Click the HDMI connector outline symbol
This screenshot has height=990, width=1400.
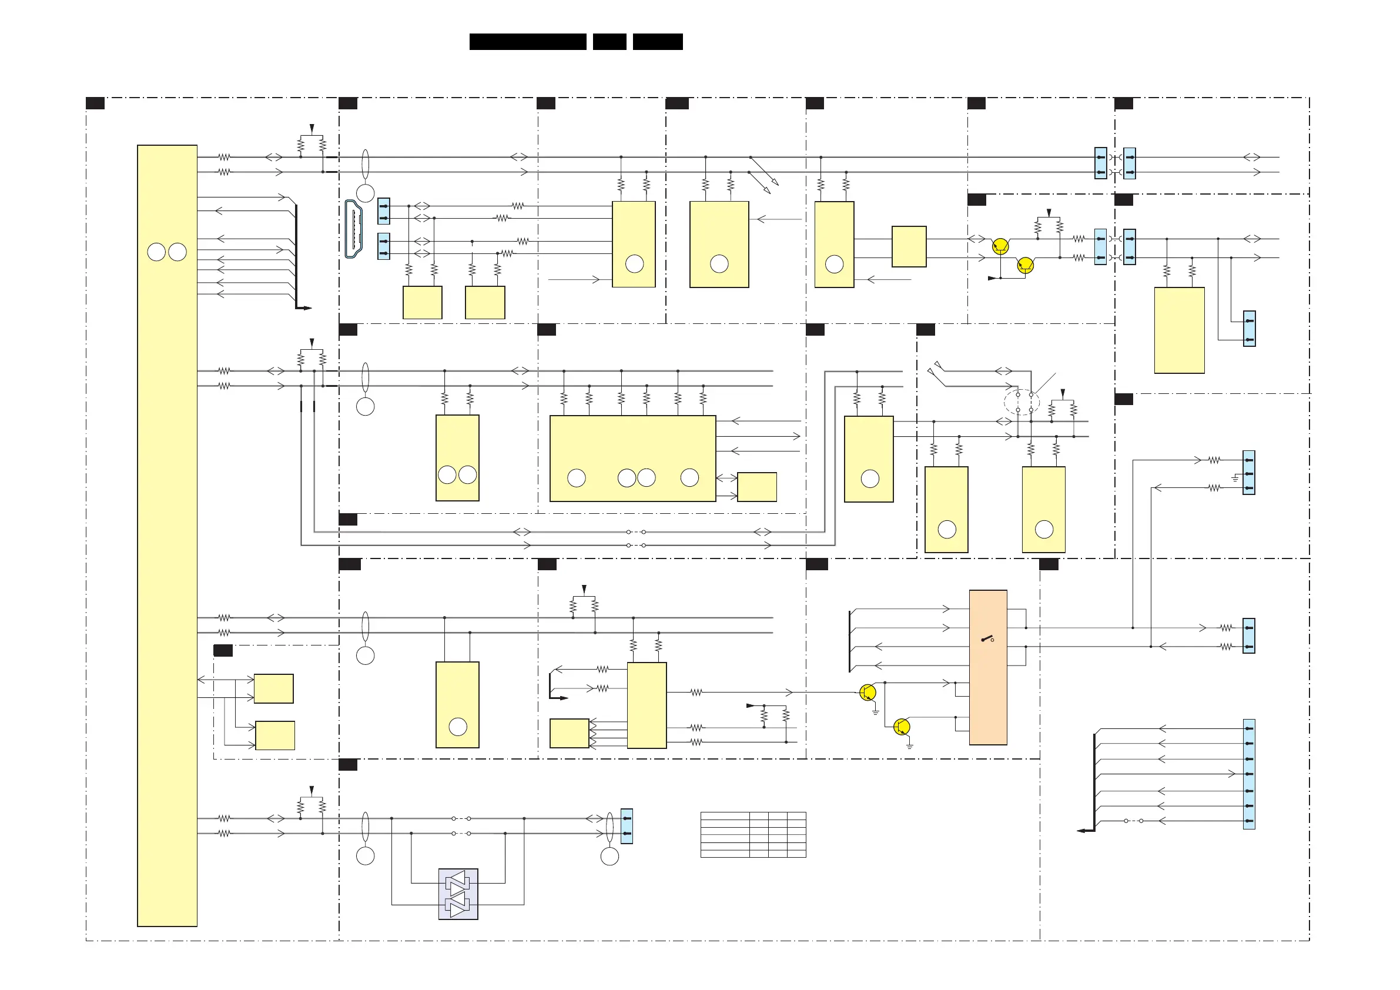(x=354, y=229)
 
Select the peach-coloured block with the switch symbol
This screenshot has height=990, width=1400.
(x=988, y=667)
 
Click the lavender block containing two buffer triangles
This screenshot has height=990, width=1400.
(x=458, y=894)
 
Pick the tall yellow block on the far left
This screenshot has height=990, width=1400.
(x=167, y=535)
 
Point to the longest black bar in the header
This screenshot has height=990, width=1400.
(x=527, y=42)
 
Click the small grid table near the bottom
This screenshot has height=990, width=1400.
(x=753, y=834)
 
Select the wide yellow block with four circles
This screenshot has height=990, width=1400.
(x=632, y=458)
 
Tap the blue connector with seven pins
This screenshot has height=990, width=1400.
(x=1249, y=774)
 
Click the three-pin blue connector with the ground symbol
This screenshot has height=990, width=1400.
(x=1249, y=473)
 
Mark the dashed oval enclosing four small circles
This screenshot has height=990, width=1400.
(x=1021, y=402)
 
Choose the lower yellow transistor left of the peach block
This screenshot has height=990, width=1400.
(x=901, y=727)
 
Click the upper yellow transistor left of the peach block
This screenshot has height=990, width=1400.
(x=867, y=693)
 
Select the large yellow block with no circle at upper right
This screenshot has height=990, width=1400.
(x=1178, y=330)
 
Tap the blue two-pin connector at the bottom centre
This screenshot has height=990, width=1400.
(x=626, y=826)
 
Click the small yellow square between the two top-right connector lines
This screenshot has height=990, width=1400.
(x=909, y=246)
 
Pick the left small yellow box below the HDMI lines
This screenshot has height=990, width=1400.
(x=422, y=303)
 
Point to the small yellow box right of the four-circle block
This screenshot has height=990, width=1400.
(x=756, y=487)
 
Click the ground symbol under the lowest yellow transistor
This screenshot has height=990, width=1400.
(x=909, y=746)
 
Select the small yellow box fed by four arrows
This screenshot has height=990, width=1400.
(x=569, y=733)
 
